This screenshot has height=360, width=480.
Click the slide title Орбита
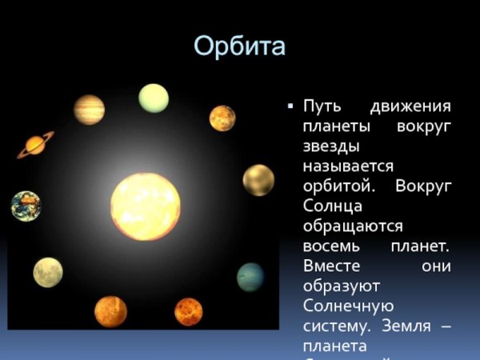[x=239, y=46]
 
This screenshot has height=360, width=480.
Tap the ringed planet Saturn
[x=35, y=144]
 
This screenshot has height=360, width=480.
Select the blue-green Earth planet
[x=26, y=206]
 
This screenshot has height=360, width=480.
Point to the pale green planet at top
[x=154, y=98]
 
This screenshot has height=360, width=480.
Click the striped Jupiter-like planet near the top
[x=89, y=110]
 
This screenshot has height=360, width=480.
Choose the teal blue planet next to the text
[x=250, y=277]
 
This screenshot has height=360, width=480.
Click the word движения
[x=410, y=107]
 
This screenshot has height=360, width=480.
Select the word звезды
[x=330, y=147]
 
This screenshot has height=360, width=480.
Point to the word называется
[x=348, y=166]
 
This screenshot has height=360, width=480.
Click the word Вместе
[x=334, y=266]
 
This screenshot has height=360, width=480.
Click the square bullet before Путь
[x=290, y=106]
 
